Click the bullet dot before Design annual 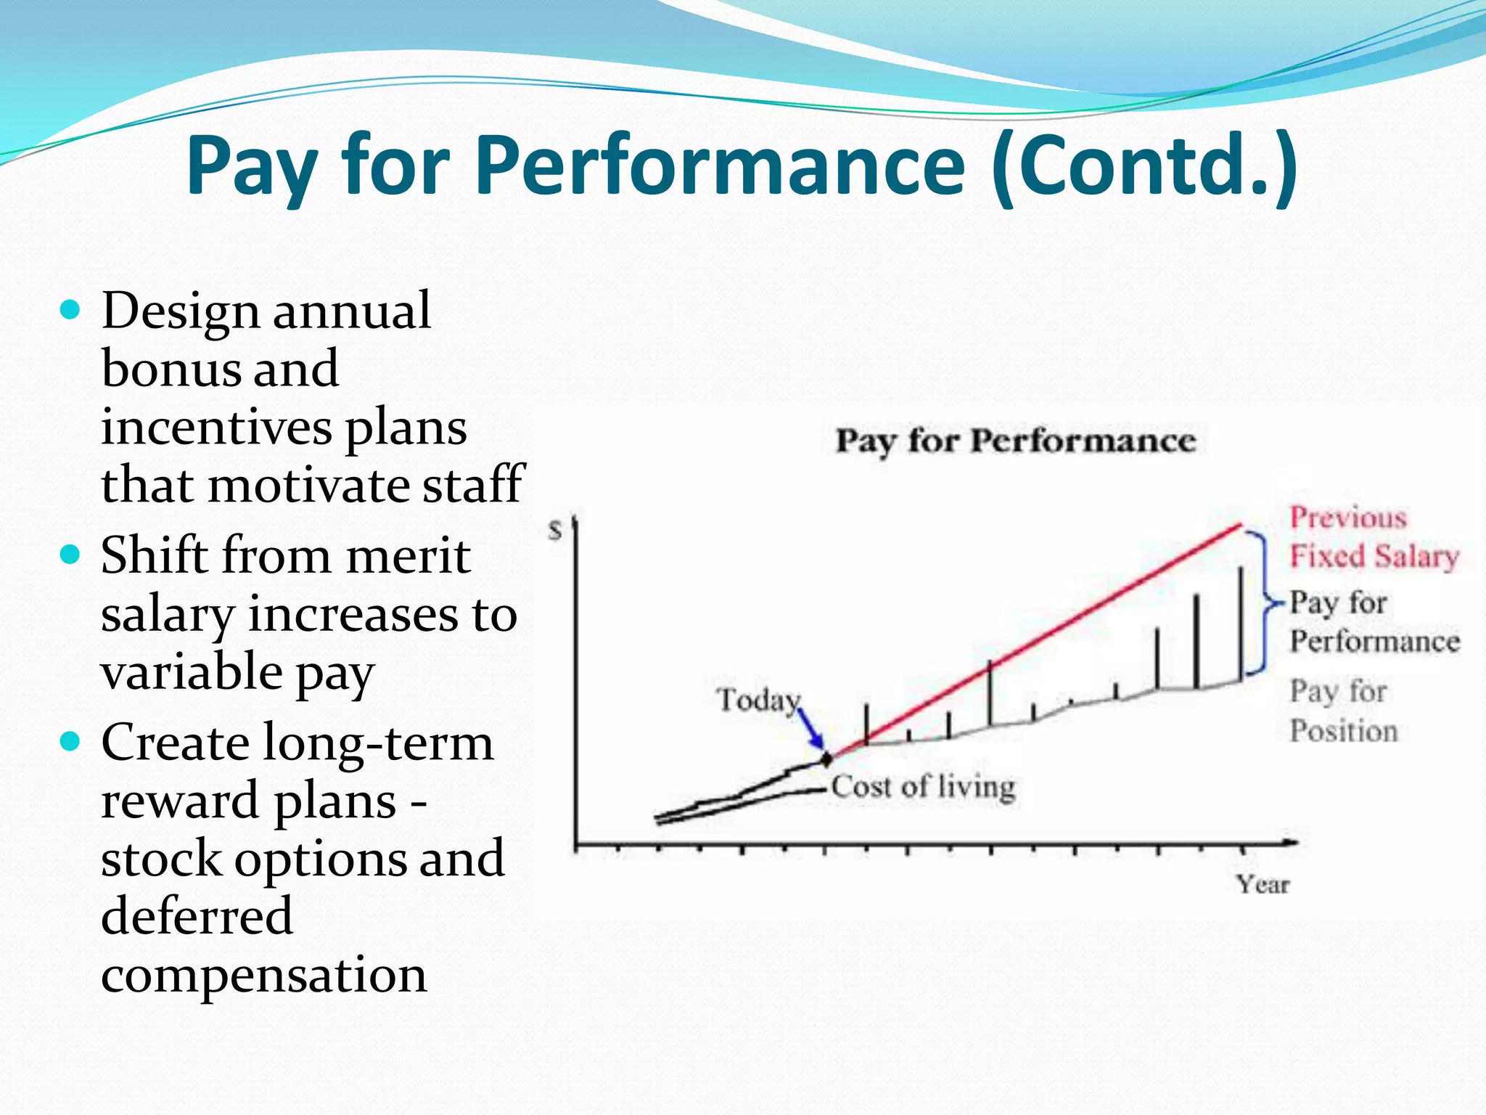[70, 311]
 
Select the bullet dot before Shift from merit [70, 556]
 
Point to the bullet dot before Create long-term [70, 742]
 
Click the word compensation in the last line [263, 974]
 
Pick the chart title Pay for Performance [1015, 441]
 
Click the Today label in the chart [758, 701]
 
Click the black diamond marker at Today [826, 759]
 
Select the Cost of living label [923, 787]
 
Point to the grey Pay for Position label [1342, 711]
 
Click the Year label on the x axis [1263, 884]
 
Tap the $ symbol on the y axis [556, 531]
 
